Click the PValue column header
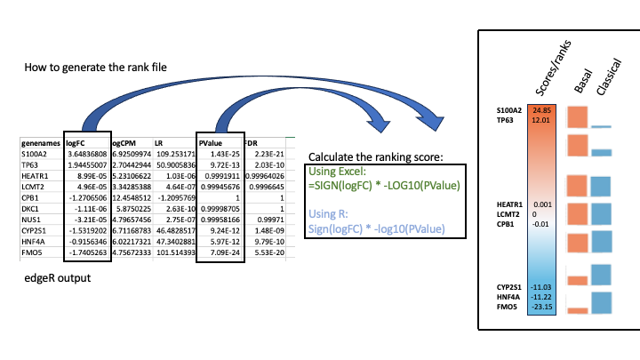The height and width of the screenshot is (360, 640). pyautogui.click(x=211, y=141)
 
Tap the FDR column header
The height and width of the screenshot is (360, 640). pyautogui.click(x=252, y=141)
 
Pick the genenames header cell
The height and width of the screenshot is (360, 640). pyautogui.click(x=42, y=141)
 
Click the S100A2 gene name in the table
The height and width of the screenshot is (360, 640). pyautogui.click(x=38, y=154)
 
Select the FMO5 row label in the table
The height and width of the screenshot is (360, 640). pyautogui.click(x=34, y=253)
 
